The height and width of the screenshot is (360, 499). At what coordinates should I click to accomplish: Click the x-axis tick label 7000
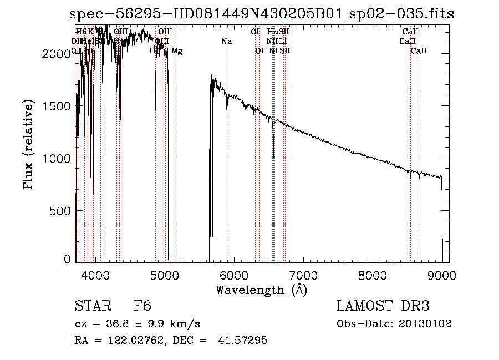(303, 275)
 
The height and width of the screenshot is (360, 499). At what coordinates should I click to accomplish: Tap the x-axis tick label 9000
(442, 275)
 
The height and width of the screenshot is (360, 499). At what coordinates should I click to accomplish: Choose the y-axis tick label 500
(61, 211)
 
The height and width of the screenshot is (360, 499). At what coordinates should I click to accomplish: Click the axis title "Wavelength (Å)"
(261, 290)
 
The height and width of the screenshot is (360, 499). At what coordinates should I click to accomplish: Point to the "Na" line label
(226, 41)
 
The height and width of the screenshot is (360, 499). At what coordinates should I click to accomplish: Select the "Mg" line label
(177, 51)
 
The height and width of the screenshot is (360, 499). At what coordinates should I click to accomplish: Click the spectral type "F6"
(142, 306)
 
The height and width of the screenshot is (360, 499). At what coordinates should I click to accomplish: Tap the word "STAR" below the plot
(91, 306)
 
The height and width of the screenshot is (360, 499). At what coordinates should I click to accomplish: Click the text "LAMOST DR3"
(383, 306)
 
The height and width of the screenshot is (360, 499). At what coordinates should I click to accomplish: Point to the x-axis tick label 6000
(234, 275)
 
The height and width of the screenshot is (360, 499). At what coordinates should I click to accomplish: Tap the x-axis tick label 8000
(373, 275)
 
